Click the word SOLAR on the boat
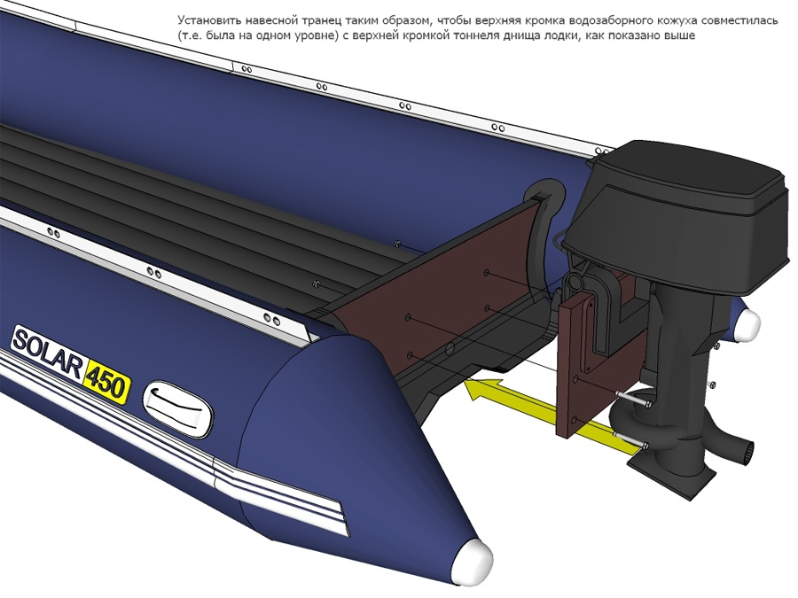[46, 352]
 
